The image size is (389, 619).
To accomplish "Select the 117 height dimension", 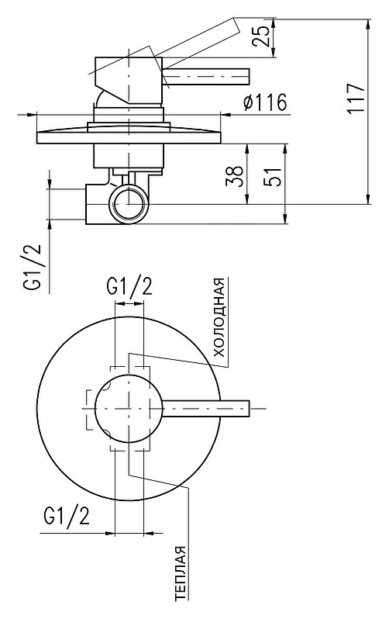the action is tap(356, 99).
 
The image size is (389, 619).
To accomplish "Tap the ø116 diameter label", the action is tap(265, 103).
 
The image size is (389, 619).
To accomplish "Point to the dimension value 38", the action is tap(234, 176).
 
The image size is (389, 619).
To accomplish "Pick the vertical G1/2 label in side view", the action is tap(34, 267).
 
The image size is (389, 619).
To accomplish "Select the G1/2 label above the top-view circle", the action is tap(129, 286).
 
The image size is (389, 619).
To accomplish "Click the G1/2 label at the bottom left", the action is tap(67, 515).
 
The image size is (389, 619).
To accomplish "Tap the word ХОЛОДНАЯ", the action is tap(219, 317).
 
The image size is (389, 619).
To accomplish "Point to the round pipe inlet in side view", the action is tap(129, 204).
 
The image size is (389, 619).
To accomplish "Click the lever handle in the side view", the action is tap(205, 76).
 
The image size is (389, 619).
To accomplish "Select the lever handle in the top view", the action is tap(205, 408).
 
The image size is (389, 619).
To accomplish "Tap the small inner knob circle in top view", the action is tap(129, 408).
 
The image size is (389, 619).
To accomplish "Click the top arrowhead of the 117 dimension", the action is tap(369, 23).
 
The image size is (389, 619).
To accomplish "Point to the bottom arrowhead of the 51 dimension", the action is tap(285, 219).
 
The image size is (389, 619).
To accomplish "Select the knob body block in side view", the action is tap(129, 81).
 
